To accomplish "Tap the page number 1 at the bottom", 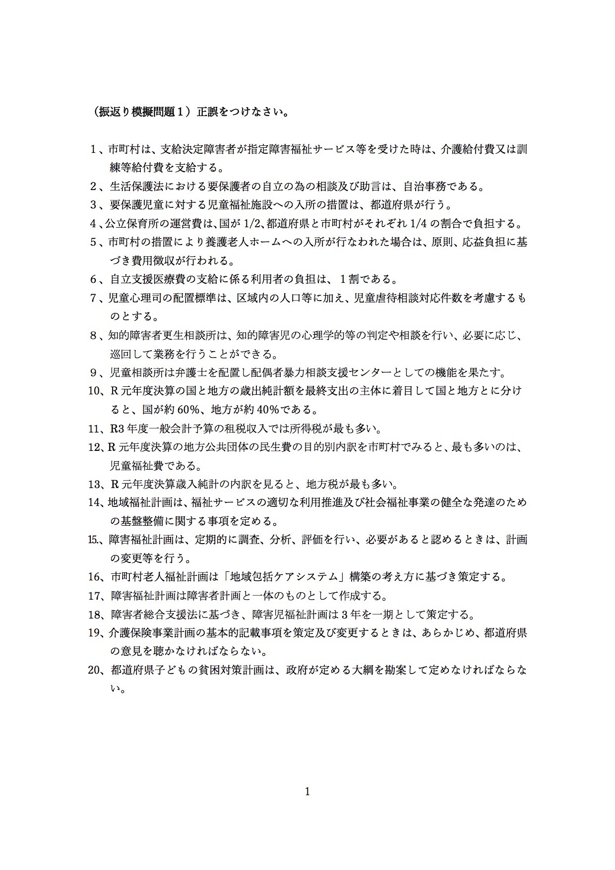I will pos(307,792).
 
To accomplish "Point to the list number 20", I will pos(95,670).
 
